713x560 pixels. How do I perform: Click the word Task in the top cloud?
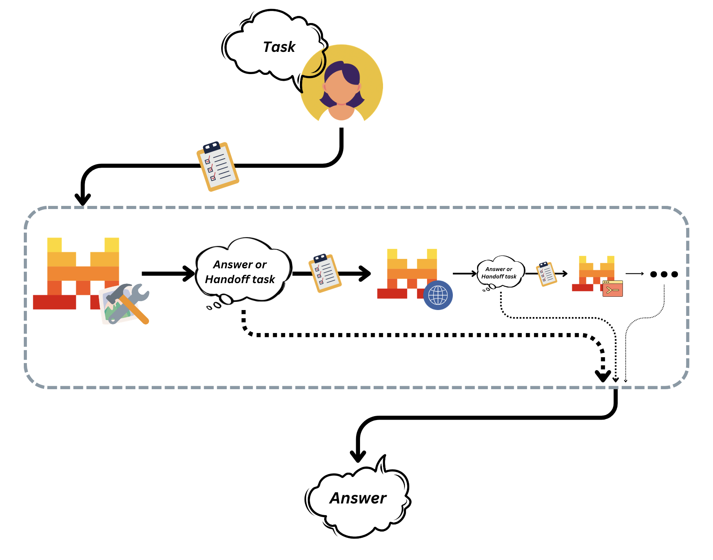279,47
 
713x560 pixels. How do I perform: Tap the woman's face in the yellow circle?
341,88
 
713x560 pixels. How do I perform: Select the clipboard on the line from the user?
217,166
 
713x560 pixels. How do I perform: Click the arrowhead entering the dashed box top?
83,199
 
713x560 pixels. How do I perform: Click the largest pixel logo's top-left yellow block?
54,245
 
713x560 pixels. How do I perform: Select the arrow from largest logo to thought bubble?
168,273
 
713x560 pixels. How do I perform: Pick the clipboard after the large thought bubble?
325,273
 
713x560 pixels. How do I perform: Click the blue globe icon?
438,295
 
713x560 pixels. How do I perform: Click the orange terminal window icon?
612,289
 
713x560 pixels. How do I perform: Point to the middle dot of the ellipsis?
664,274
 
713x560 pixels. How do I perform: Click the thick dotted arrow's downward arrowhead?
603,376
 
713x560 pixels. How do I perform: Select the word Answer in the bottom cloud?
358,498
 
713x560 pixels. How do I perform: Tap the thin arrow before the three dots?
634,274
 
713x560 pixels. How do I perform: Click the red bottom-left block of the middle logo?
392,294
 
